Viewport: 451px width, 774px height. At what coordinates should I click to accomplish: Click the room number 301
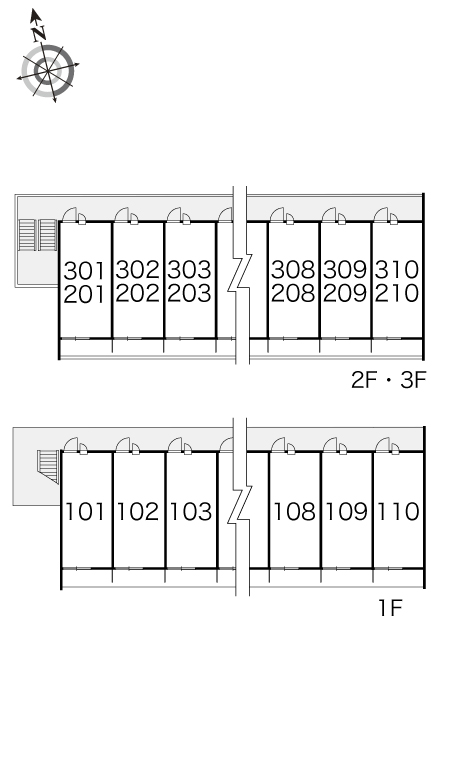point(84,271)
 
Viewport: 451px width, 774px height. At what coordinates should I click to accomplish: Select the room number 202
point(138,293)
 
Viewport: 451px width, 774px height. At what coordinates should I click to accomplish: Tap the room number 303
point(189,270)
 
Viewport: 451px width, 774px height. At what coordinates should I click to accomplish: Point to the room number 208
point(293,293)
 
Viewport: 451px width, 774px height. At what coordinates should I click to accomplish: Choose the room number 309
point(345,270)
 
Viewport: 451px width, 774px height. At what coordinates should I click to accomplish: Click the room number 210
point(397,293)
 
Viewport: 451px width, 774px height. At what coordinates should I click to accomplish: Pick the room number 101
point(85,511)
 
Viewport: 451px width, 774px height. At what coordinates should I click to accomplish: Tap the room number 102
point(138,511)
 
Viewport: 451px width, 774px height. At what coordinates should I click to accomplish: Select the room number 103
point(190,511)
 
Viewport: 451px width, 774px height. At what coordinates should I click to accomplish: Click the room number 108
point(294,511)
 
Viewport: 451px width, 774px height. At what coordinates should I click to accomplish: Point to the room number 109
point(346,511)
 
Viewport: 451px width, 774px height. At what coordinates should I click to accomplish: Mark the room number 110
point(398,511)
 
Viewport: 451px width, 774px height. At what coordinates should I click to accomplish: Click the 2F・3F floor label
point(388,381)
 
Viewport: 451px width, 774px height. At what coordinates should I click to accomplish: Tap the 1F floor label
point(390,608)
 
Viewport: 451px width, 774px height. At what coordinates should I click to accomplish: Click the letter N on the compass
point(39,34)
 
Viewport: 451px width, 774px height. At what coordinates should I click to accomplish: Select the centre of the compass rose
point(48,72)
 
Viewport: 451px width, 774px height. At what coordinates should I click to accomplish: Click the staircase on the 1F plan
point(48,465)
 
